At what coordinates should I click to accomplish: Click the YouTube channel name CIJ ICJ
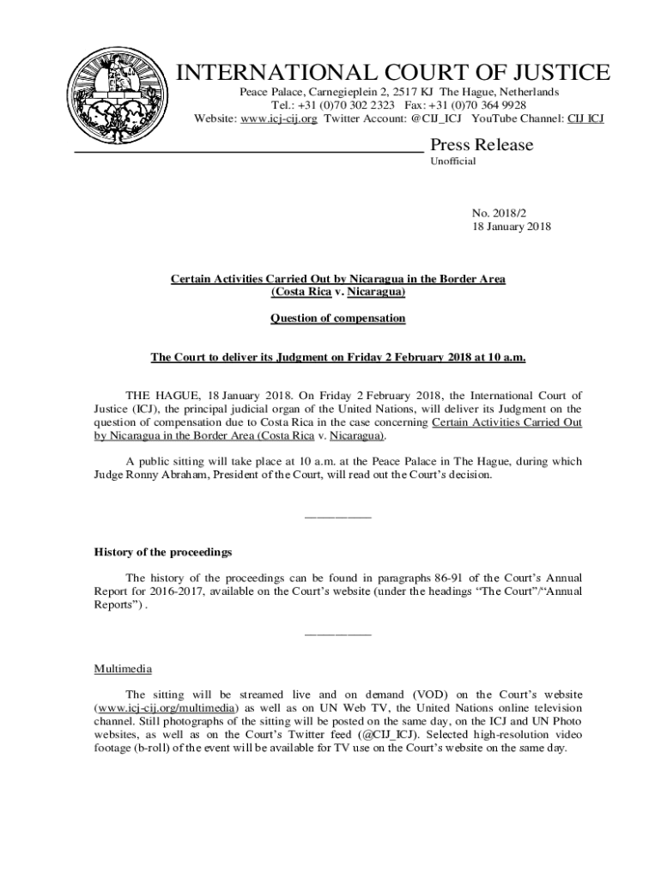pos(585,118)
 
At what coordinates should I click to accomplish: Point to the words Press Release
pos(481,144)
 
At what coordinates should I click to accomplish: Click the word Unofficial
pos(452,161)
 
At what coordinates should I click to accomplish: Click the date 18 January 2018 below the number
pos(511,227)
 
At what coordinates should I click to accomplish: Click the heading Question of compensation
pos(338,318)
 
